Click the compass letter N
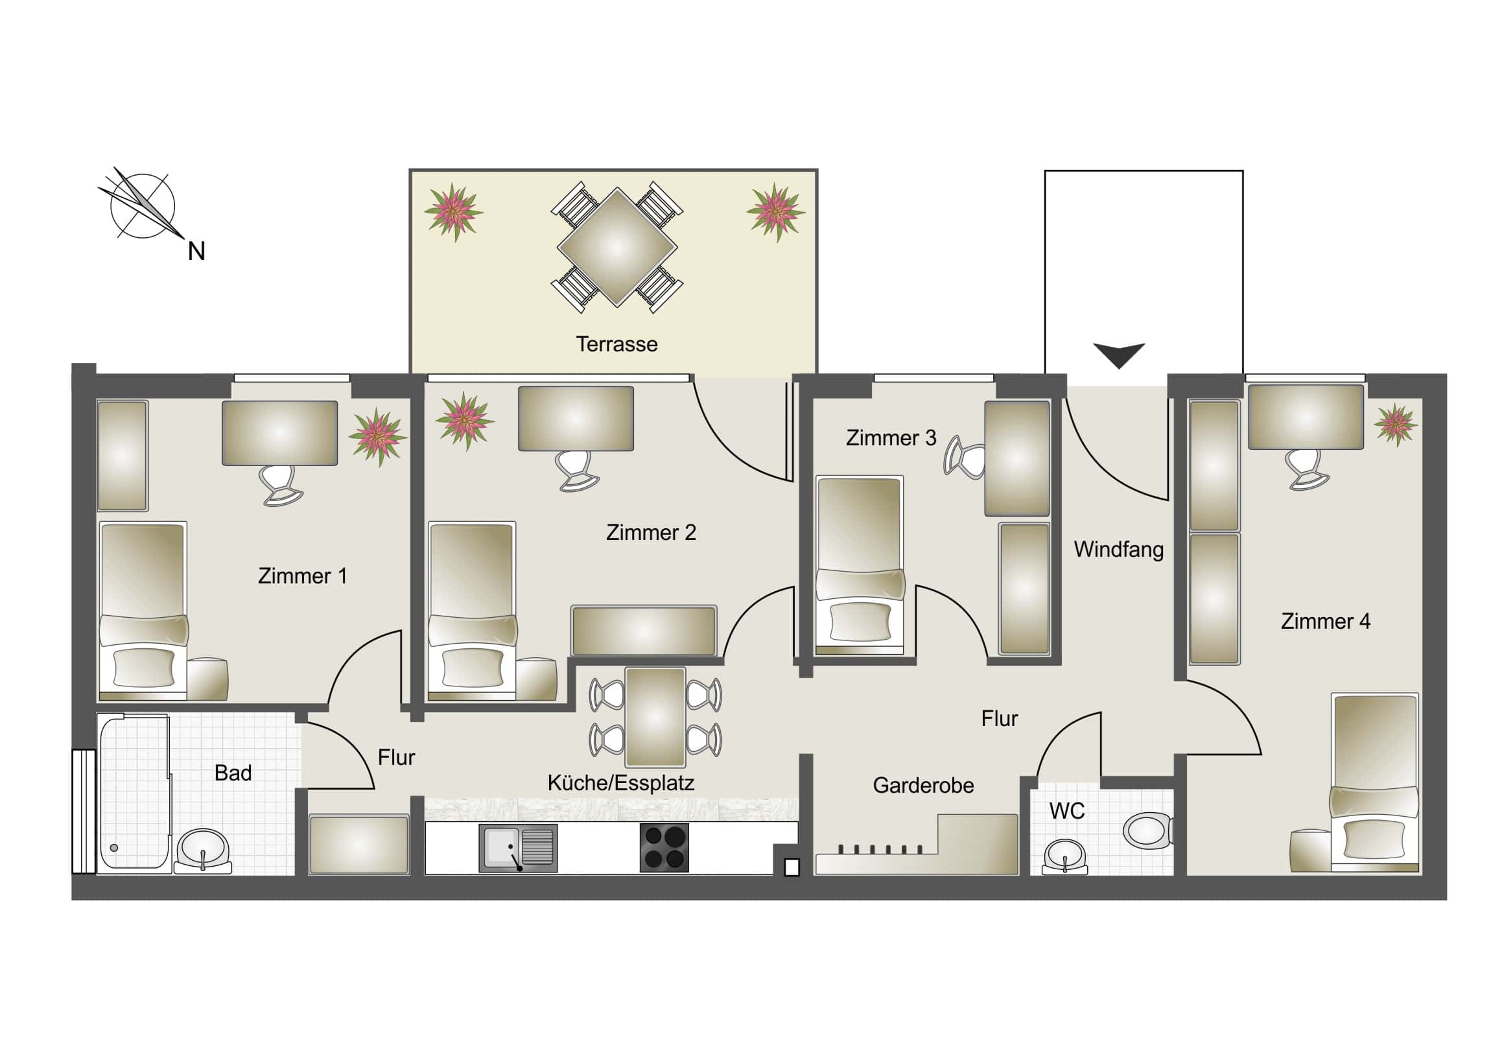tap(196, 252)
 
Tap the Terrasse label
tap(616, 344)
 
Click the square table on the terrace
tap(617, 248)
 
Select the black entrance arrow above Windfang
tap(1118, 355)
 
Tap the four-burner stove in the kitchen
tap(664, 847)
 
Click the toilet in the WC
tap(1147, 830)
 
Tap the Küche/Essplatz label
tap(621, 782)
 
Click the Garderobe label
tap(922, 785)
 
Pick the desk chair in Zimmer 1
tap(280, 483)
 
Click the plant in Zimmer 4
tap(1395, 424)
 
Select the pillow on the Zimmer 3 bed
tap(860, 621)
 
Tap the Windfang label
tap(1118, 550)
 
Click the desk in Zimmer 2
tap(576, 418)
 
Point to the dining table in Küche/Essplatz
tap(655, 717)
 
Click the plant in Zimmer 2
tap(464, 419)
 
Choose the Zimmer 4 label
tap(1326, 622)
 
